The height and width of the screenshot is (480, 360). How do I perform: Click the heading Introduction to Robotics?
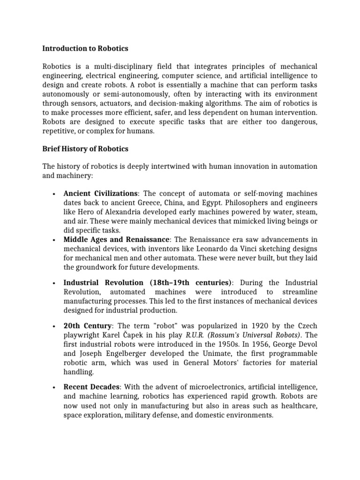[85, 48]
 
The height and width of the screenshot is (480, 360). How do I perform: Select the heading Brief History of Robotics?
[85, 149]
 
